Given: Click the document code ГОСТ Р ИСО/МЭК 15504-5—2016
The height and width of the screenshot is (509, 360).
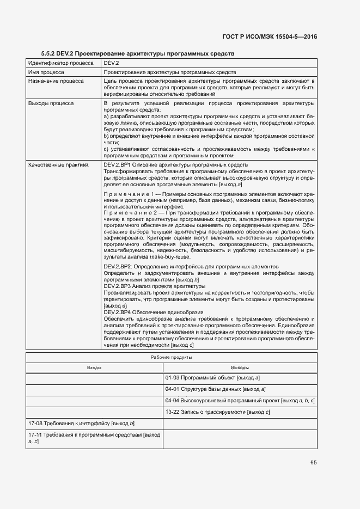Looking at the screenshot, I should pos(270,37).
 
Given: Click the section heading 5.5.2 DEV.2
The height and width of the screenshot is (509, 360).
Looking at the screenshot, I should pos(137,54).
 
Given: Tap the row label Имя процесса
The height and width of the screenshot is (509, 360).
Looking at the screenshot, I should pos(46,72).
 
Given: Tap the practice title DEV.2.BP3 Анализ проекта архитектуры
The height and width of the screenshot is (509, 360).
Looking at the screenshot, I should pos(154,286).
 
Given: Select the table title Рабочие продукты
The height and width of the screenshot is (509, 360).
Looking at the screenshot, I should pos(171,358).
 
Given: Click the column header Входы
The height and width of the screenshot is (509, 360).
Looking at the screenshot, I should pos(95,368).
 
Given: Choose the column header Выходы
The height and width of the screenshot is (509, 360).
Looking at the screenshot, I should pos(240,368).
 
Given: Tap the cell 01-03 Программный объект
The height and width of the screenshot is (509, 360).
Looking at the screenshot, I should pos(212,377).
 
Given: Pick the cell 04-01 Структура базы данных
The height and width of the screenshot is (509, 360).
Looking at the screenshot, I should pos(215,389).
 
